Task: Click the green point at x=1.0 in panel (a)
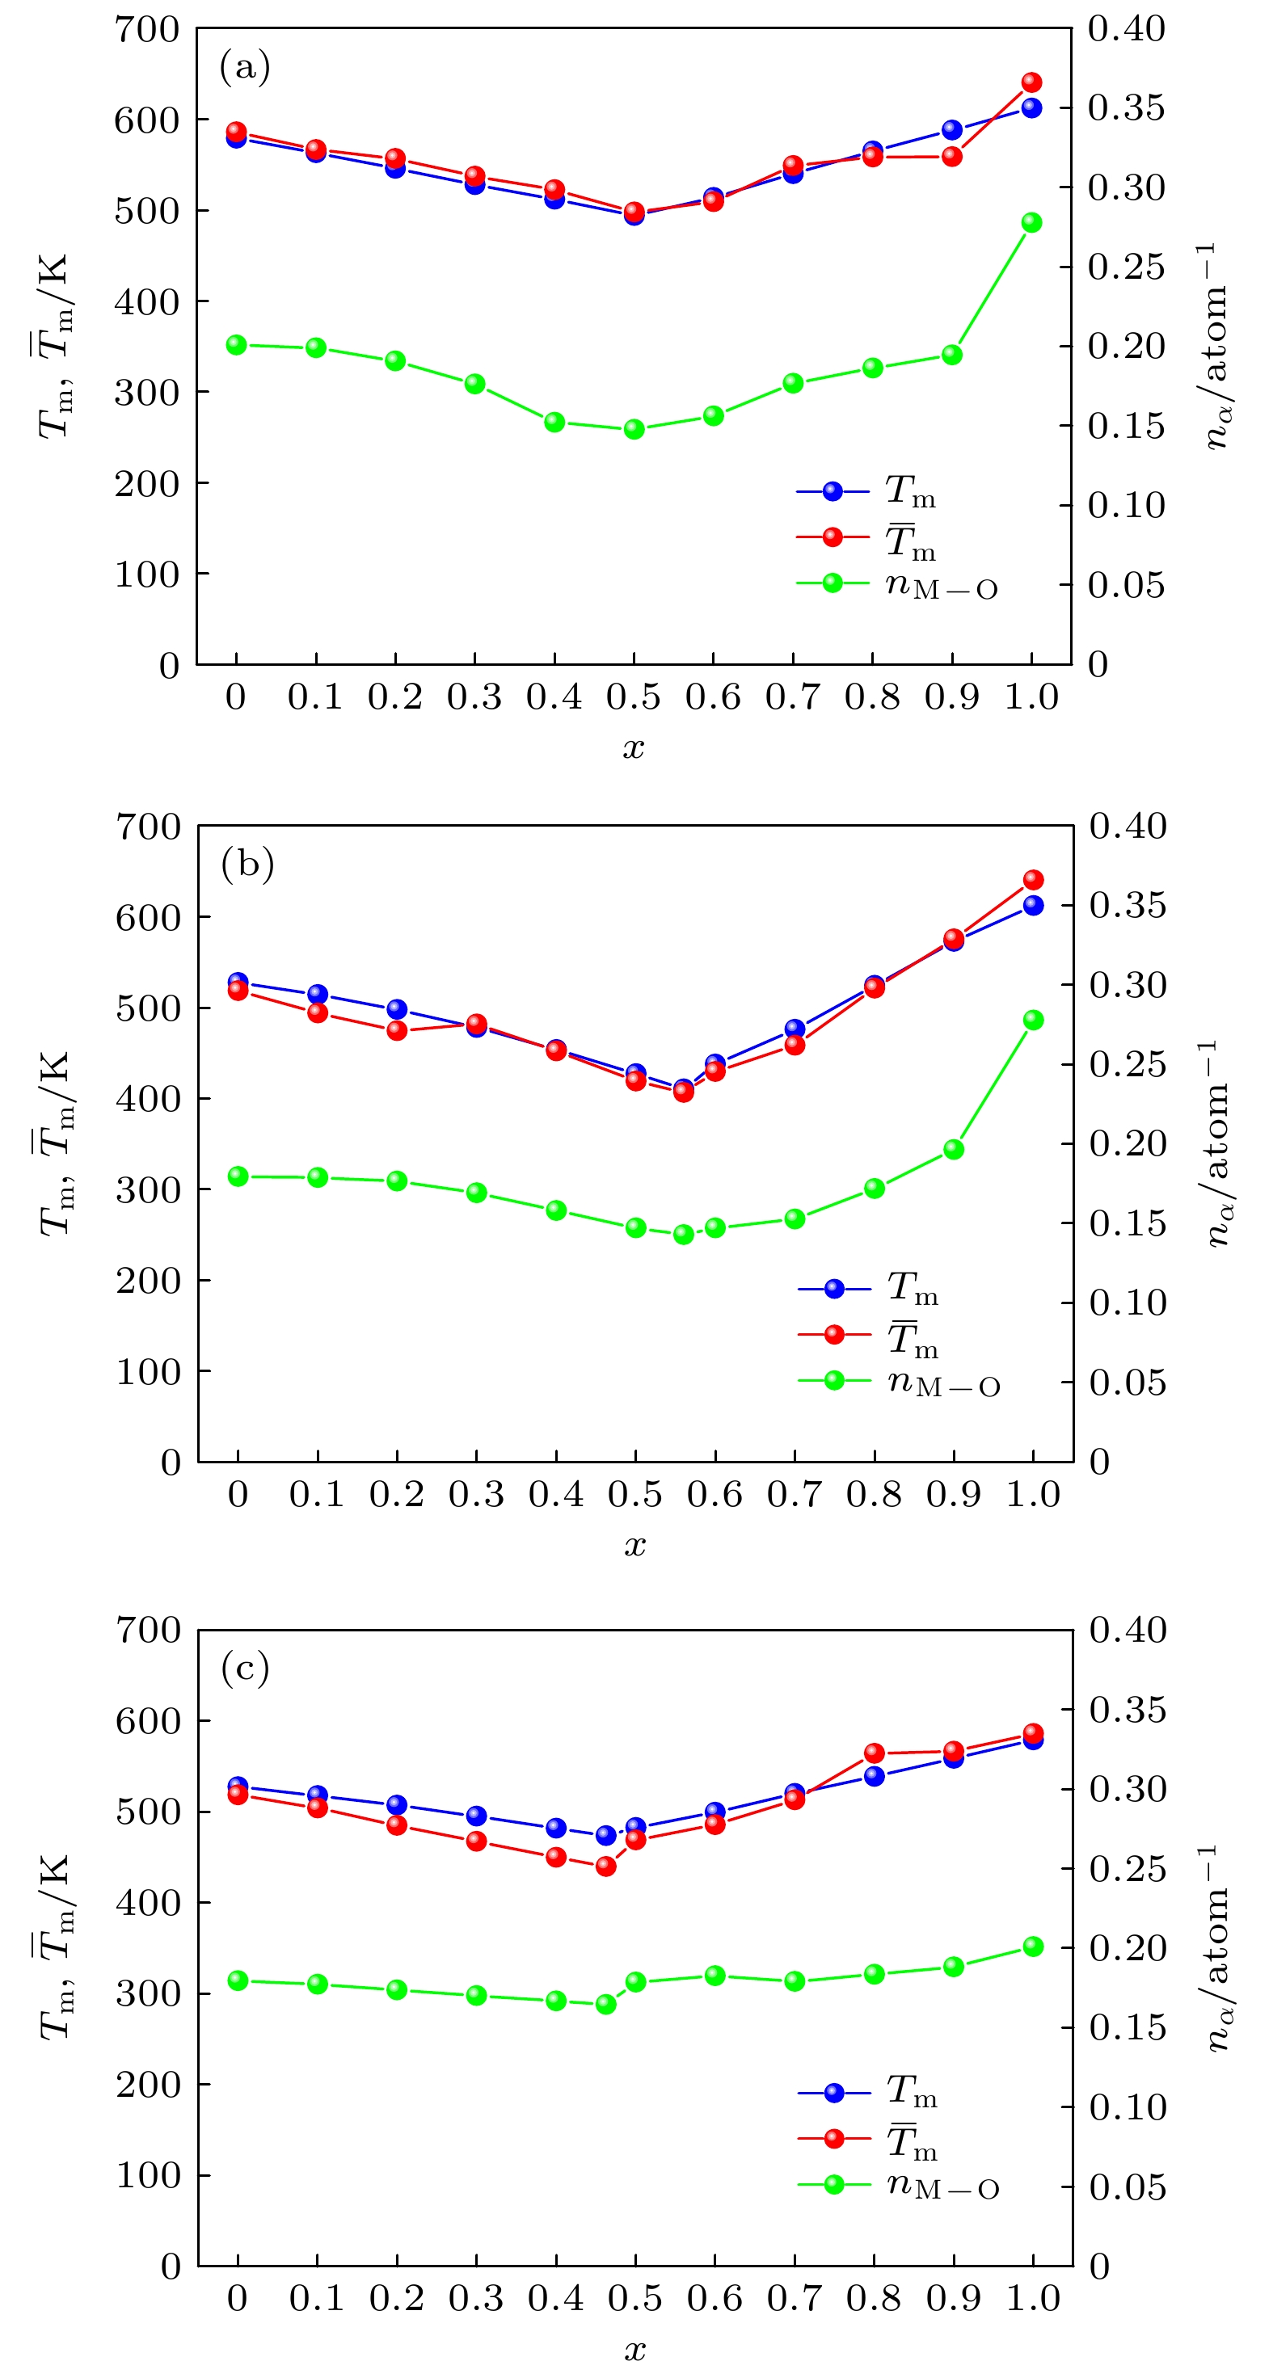click(1031, 222)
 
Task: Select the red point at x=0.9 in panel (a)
click(952, 157)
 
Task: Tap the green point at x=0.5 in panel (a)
click(634, 429)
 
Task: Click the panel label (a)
click(245, 67)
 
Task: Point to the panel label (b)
click(247, 864)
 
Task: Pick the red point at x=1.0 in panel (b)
click(1033, 880)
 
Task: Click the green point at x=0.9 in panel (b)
click(954, 1149)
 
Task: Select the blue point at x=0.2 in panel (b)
click(397, 1009)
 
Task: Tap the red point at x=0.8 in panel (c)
click(875, 1753)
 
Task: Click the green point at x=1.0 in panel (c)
click(1033, 1946)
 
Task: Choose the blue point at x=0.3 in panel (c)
click(476, 1816)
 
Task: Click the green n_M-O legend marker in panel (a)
click(833, 583)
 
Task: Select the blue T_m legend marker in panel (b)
click(834, 1289)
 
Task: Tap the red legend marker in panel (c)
click(834, 2138)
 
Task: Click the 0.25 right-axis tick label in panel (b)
click(1128, 1064)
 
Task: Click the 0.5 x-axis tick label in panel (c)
click(634, 2298)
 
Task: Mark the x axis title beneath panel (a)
click(634, 747)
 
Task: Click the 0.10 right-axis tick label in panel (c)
click(1128, 2107)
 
